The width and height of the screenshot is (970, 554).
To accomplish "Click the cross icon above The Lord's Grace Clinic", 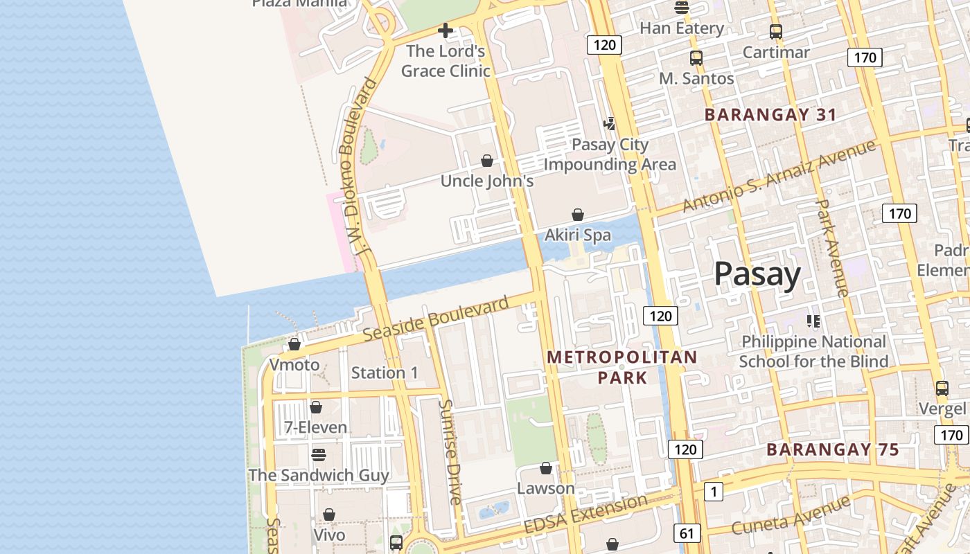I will click(x=446, y=30).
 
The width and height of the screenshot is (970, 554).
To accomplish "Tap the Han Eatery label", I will click(x=682, y=28).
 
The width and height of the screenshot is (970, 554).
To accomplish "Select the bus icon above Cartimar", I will click(x=775, y=31).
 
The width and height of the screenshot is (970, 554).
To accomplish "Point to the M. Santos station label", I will click(x=696, y=78).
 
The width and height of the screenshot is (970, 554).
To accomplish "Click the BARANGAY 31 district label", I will click(x=770, y=115).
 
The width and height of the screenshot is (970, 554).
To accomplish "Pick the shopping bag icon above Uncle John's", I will click(x=487, y=161).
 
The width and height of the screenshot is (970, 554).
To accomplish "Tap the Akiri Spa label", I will click(x=578, y=235).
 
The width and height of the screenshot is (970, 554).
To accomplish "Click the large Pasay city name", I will click(x=757, y=274).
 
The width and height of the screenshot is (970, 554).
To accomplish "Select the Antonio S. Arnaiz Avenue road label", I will click(x=779, y=177).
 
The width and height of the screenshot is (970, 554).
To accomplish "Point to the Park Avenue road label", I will click(x=832, y=248).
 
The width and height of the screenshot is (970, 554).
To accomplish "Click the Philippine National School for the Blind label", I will click(x=813, y=351).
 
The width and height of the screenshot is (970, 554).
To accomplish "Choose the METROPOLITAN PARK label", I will click(x=622, y=367).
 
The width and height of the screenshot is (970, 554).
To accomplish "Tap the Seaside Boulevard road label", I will click(x=436, y=319).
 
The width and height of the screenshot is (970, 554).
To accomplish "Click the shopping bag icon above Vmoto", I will click(x=294, y=344).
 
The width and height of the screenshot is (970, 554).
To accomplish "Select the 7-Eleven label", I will click(x=316, y=427).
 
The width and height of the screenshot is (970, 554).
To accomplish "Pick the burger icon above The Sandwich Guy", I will click(x=318, y=454).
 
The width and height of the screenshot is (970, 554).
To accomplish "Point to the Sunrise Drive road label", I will click(x=451, y=452).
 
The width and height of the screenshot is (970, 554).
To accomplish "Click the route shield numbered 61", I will click(x=687, y=533).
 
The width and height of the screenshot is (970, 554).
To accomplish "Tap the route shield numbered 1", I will click(x=713, y=492).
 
